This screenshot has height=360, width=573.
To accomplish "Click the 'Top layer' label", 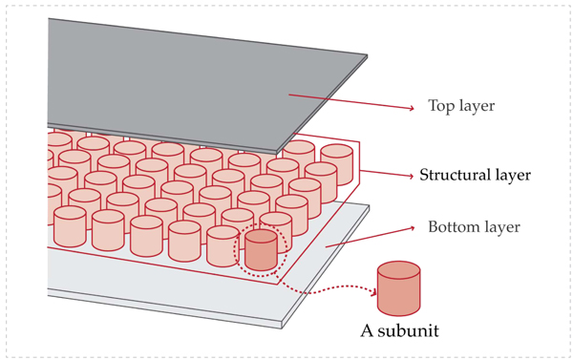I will [x=462, y=106].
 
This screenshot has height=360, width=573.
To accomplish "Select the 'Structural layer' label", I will [x=475, y=176].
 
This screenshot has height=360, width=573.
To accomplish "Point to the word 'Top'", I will [x=443, y=106].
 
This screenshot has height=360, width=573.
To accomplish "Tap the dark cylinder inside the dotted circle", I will [x=261, y=250].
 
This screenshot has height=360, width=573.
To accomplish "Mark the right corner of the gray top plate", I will [x=367, y=57].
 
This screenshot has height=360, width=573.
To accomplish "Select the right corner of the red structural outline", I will [x=359, y=143].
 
